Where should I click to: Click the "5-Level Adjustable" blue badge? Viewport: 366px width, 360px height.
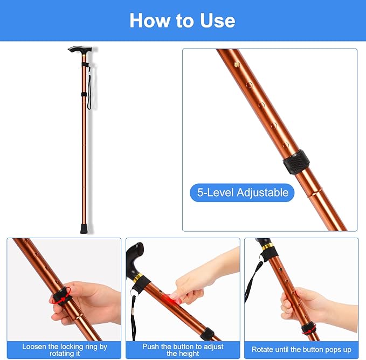tap(242, 192)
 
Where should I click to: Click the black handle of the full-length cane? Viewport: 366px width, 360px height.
tap(80, 50)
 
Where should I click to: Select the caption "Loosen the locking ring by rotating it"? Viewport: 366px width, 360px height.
tap(64, 350)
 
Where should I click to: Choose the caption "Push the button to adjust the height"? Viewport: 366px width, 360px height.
tap(183, 350)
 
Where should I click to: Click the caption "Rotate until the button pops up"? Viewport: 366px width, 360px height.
tap(301, 350)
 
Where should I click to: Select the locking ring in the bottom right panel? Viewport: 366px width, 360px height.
tap(309, 328)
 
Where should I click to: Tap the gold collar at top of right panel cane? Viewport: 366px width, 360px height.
tap(268, 247)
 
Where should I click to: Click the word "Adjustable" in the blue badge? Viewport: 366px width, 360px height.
tap(261, 192)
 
